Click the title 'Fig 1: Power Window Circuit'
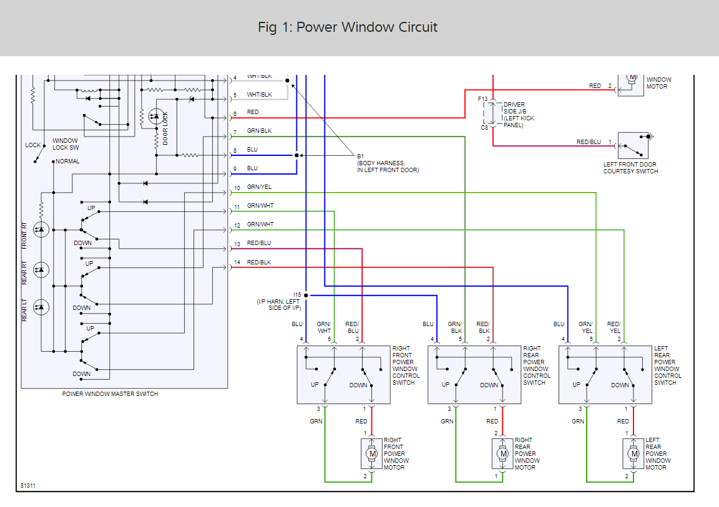[348, 27]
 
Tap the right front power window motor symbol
[373, 454]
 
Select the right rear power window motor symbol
[503, 454]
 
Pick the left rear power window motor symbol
[634, 454]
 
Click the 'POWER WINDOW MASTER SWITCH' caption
[110, 394]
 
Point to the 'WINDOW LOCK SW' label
[66, 144]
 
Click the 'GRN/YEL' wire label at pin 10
[259, 187]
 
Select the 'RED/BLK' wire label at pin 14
[259, 263]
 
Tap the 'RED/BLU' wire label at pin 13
[259, 243]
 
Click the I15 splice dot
[306, 295]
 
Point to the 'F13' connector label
[483, 99]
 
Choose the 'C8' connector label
[484, 128]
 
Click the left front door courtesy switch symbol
[633, 145]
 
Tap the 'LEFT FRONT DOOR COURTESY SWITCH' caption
[630, 168]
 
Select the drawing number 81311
[28, 485]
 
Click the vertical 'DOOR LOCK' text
[165, 128]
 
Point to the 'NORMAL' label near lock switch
[67, 162]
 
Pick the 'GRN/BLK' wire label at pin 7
[259, 131]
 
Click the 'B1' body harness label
[360, 156]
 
